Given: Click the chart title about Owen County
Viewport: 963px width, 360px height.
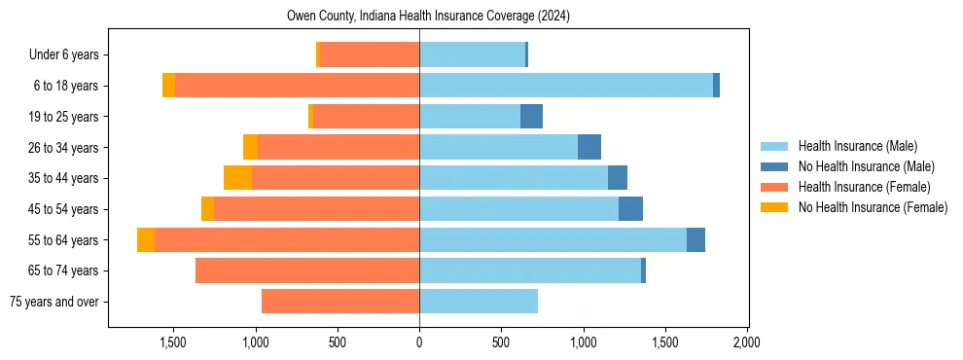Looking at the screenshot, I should (x=428, y=17).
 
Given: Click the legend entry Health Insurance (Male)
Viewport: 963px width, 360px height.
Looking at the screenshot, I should (x=857, y=146).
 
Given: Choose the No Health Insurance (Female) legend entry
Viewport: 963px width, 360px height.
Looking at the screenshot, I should (x=873, y=207).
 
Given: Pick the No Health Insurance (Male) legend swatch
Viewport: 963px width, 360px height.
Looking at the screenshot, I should (x=775, y=166).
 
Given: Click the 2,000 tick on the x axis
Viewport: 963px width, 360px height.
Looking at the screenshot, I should (x=746, y=342).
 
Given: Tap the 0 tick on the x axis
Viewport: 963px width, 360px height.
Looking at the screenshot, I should (x=419, y=342).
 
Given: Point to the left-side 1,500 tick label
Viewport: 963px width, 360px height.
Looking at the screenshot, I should (x=173, y=342).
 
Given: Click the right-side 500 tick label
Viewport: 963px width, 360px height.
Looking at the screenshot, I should (x=501, y=342).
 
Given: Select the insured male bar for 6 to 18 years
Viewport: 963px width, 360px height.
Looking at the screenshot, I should (x=565, y=86).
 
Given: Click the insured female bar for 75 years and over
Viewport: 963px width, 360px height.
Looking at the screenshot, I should (x=340, y=302).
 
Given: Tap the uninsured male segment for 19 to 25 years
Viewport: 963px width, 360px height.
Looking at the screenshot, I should (x=531, y=117).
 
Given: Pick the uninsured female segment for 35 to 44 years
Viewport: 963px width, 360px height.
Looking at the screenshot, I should (x=237, y=178).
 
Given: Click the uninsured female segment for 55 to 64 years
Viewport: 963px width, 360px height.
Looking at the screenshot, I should (x=146, y=240).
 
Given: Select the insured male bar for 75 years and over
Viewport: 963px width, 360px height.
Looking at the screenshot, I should (x=479, y=302).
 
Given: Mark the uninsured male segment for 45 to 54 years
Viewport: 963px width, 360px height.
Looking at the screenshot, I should (x=630, y=209).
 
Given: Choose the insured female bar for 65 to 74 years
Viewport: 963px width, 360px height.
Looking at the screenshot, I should (x=307, y=270).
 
